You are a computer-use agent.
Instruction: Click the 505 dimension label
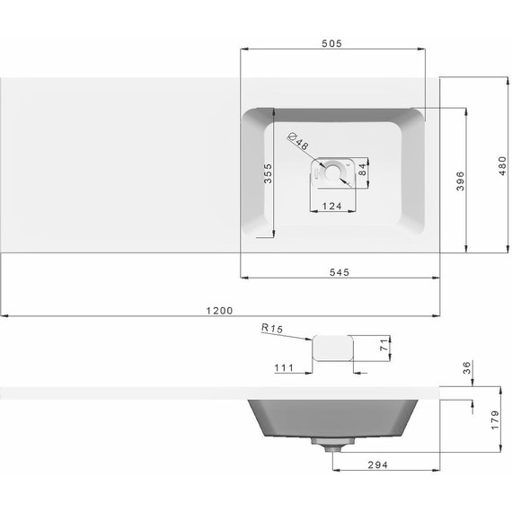(x=331, y=43)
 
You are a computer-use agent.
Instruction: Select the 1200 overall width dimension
(x=219, y=311)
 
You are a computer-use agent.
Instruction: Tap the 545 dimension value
(x=340, y=272)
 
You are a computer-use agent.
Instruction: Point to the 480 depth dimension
(x=502, y=166)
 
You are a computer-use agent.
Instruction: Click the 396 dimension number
(x=461, y=181)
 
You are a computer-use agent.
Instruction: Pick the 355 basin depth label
(x=268, y=173)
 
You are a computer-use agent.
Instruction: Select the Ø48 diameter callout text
(x=298, y=141)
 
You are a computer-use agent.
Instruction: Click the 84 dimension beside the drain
(x=363, y=170)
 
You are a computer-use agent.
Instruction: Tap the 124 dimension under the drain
(x=331, y=207)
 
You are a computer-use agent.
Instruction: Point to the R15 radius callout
(x=272, y=328)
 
